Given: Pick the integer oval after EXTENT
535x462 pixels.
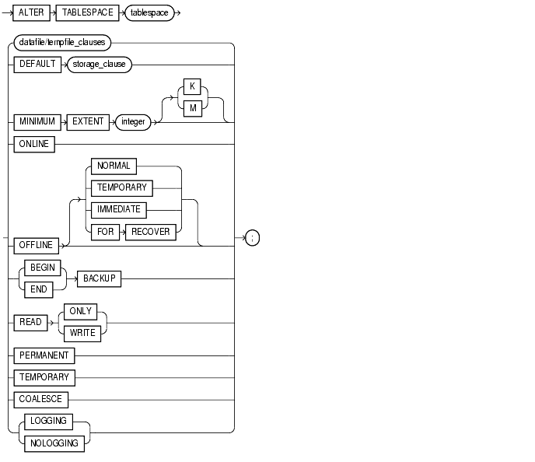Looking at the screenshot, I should [x=133, y=122].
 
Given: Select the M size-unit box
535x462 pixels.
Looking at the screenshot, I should [x=191, y=110].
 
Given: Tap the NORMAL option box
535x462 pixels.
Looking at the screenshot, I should [x=114, y=166].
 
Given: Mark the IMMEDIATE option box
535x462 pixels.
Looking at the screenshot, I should [x=117, y=209].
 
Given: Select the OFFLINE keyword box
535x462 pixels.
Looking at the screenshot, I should [x=36, y=245].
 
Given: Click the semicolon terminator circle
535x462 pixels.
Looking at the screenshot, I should [x=253, y=238].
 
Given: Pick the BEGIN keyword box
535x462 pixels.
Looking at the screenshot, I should [x=40, y=267].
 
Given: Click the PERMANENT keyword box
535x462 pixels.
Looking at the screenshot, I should [x=44, y=355].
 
